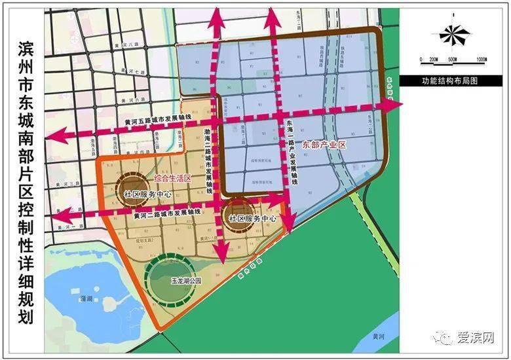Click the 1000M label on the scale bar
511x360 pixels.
pyautogui.click(x=480, y=60)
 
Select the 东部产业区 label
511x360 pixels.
pyautogui.click(x=324, y=145)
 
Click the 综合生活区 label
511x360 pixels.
pyautogui.click(x=172, y=178)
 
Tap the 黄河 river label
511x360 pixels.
pyautogui.click(x=375, y=335)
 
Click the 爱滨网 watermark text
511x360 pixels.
pyautogui.click(x=476, y=338)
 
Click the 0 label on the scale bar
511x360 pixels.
pyautogui.click(x=422, y=60)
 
